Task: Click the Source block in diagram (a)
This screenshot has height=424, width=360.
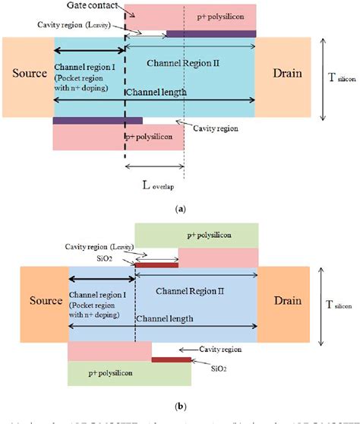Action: point(27,74)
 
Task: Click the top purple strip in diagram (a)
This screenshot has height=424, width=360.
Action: point(210,33)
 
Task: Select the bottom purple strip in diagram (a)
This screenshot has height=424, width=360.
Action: point(96,120)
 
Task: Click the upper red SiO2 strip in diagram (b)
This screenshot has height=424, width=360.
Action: point(156,264)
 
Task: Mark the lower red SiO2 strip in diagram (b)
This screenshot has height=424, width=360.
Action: point(171,358)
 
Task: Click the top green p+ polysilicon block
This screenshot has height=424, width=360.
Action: point(196,235)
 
